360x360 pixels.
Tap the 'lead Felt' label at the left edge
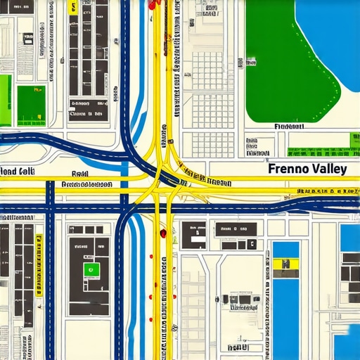18,171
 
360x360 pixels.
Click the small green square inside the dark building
89,269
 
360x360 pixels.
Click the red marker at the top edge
152,4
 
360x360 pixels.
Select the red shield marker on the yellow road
163,233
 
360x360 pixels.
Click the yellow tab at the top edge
73,7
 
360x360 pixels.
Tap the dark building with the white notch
194,235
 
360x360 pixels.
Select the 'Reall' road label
79,173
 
